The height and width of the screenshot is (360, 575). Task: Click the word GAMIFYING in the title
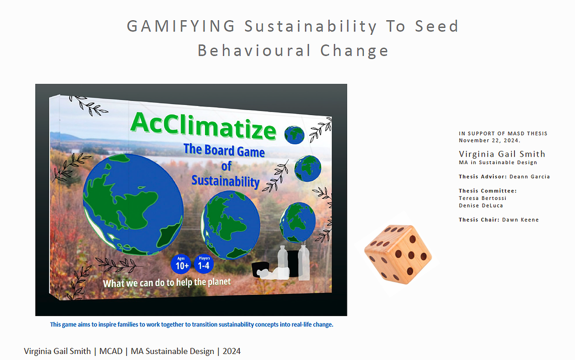point(181,26)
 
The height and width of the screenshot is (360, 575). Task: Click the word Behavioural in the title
point(254,50)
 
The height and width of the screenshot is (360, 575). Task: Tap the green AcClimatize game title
point(203,126)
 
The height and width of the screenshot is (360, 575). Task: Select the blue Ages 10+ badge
point(181,264)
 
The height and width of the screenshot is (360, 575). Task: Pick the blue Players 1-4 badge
point(204,264)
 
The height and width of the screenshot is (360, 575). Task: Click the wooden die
point(398,253)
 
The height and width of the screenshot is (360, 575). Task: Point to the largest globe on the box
point(133,204)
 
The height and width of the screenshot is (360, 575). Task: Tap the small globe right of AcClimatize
point(294,134)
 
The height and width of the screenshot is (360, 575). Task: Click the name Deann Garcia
point(530,177)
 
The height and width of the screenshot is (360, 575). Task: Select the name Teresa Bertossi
point(483,198)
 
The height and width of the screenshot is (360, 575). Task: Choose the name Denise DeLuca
point(481,205)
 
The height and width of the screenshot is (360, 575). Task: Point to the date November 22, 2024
point(490,140)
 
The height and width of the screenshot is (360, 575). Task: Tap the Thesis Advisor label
point(483,177)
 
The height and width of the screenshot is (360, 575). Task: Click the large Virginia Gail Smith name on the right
point(502,154)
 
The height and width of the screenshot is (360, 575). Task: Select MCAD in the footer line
point(111,351)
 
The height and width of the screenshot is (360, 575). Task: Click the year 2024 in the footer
point(231,351)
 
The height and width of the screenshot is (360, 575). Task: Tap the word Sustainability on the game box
point(226,181)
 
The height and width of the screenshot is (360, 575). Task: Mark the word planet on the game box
point(219,282)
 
